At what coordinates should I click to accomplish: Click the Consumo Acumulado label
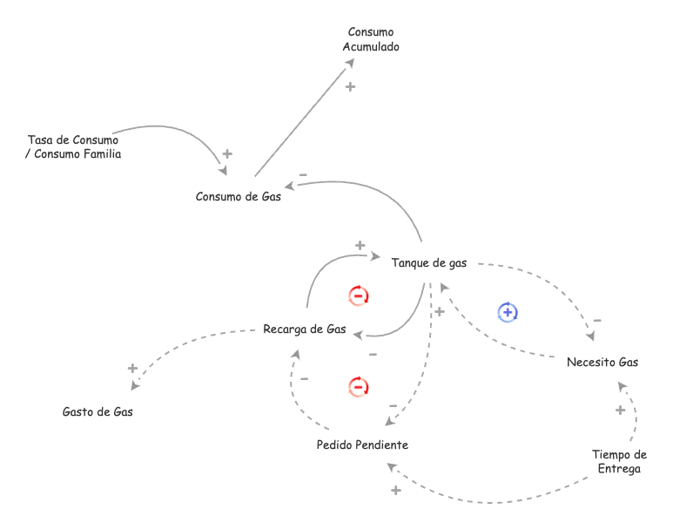point(371,39)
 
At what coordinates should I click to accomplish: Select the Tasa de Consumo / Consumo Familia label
point(73,146)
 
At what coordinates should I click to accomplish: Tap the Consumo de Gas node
point(239,196)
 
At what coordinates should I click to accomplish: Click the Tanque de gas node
point(429,262)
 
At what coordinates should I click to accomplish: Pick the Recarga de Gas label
point(305,329)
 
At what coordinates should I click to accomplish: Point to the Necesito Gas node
point(602,362)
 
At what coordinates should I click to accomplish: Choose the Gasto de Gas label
point(98,411)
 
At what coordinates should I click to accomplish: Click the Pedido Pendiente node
point(362,445)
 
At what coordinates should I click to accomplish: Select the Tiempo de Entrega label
point(619,461)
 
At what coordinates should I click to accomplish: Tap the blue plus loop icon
point(508,311)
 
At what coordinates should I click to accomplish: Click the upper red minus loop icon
point(359,295)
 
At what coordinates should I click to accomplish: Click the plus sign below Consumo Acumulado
point(350,86)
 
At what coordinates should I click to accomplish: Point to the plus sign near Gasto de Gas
point(132,368)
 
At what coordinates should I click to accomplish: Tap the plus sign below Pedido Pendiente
point(395,491)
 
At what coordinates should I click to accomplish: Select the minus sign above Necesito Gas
point(597,321)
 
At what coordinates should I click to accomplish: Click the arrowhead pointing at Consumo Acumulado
point(349,63)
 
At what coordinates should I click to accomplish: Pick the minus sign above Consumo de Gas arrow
point(303,175)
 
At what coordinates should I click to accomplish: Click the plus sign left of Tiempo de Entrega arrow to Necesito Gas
point(620,410)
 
